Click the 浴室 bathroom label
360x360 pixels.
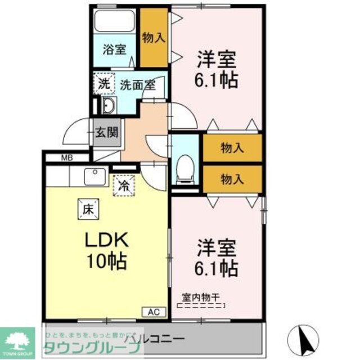(114, 49)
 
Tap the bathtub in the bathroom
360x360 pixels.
(115, 21)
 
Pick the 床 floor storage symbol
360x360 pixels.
(88, 210)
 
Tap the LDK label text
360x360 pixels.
(107, 240)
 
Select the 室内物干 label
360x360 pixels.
(201, 297)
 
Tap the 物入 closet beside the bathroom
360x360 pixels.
(154, 38)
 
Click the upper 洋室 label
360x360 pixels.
(216, 58)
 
